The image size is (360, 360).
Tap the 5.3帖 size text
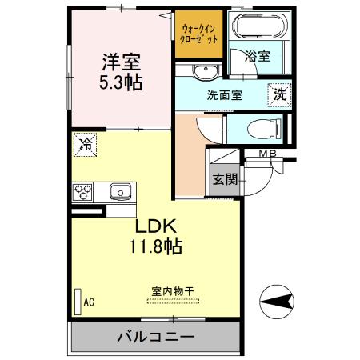click(121, 82)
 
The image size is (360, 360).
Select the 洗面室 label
click(225, 94)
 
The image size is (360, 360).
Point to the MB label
click(268, 154)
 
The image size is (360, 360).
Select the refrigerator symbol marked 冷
click(85, 144)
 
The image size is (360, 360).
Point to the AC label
click(89, 302)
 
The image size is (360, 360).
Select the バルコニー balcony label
click(158, 335)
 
